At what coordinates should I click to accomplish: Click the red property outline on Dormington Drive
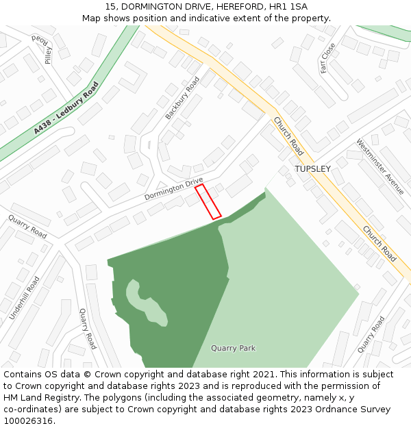point(208,202)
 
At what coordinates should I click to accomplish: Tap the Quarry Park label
point(233,348)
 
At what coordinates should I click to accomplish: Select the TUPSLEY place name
point(312,169)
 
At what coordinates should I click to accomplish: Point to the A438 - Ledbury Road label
point(66,108)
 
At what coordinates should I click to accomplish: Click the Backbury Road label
point(182,98)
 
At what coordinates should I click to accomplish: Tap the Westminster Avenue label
point(380,166)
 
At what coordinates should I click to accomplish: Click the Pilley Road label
point(46,49)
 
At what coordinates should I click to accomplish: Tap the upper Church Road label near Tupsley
point(288,136)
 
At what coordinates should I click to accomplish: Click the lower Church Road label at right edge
point(379,244)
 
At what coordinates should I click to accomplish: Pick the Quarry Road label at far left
point(27,227)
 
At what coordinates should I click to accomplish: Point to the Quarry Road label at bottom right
point(371,335)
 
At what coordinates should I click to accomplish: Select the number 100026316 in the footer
point(27,421)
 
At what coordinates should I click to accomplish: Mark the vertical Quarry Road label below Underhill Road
point(88,329)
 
